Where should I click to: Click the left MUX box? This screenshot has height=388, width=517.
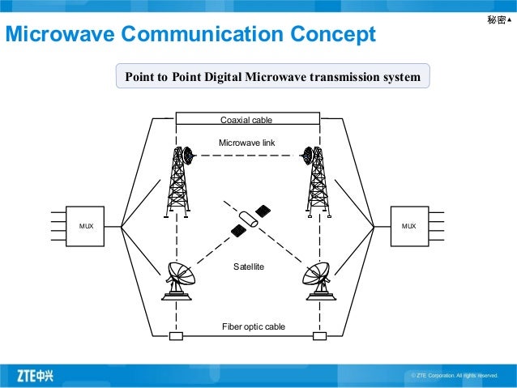tap(86, 226)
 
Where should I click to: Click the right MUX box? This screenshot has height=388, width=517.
tap(408, 226)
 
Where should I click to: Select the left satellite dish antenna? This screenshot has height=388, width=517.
tap(179, 280)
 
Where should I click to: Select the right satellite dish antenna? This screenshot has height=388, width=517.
tap(314, 280)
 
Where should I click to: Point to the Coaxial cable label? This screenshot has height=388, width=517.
tap(246, 121)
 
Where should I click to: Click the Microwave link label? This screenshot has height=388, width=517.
tap(247, 143)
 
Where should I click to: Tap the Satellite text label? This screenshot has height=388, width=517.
tap(249, 266)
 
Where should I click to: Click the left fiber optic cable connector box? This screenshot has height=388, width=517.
tap(175, 336)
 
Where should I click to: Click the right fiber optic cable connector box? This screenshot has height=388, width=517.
tap(319, 336)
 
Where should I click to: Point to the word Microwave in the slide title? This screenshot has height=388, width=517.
tap(59, 35)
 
